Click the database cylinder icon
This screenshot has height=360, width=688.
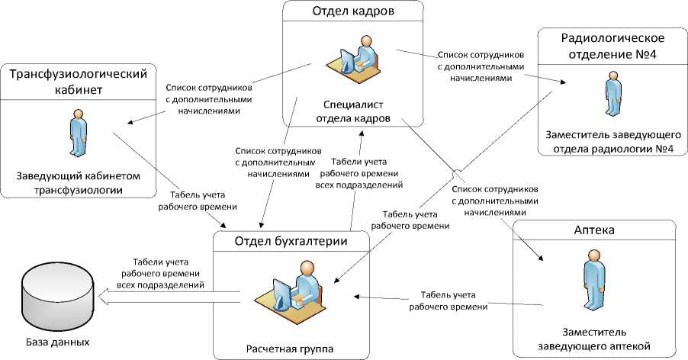54,298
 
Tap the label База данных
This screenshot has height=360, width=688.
56,342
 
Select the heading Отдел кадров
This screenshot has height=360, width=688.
353,12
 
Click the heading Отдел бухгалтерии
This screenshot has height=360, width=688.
291,242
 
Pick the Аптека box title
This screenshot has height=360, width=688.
595,230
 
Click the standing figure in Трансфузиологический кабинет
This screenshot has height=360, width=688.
79,133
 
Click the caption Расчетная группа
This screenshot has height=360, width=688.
290,349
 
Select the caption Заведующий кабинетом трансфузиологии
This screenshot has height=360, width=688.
79,183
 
